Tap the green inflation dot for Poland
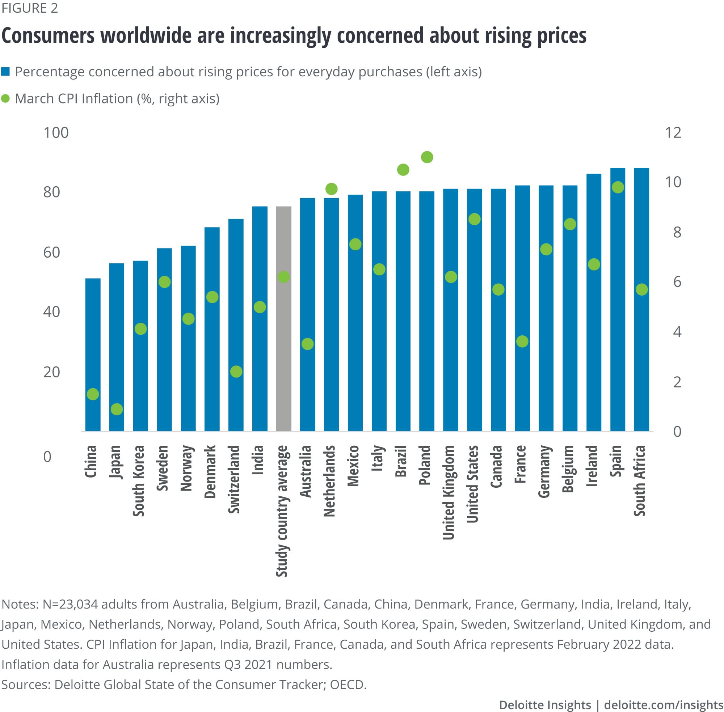426,157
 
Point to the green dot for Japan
117,409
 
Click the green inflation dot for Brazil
403,170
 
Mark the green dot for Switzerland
236,371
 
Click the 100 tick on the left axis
56,133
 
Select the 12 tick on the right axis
673,133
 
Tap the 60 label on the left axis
52,253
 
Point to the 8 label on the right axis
677,232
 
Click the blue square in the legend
5,71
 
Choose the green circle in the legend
5,99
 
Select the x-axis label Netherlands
329,481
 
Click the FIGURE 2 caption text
30,8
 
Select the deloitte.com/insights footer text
664,704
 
